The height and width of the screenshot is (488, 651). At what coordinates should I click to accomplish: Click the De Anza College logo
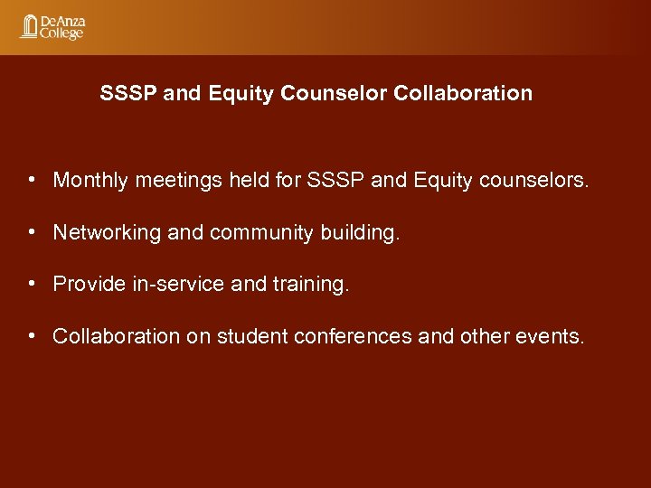point(52,26)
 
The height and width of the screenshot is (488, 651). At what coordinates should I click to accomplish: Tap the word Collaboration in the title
point(463,93)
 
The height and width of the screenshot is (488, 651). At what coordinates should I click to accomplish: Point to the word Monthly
point(91,180)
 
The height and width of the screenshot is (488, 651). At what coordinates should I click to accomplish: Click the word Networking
point(108,232)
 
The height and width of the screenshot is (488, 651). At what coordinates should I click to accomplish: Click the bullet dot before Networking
point(32,231)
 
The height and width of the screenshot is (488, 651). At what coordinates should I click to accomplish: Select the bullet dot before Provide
point(32,284)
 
